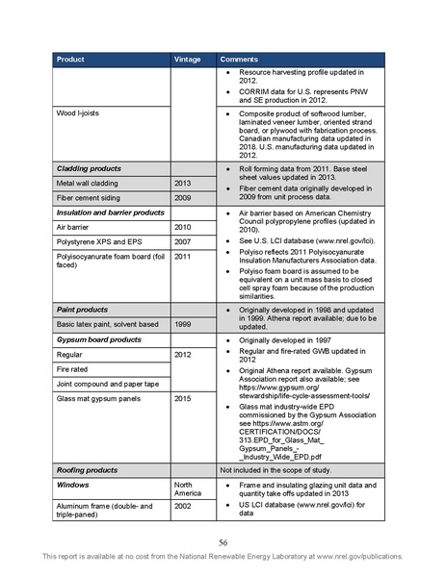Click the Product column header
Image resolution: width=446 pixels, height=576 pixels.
click(70, 60)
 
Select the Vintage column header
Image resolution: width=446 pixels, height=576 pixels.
click(187, 60)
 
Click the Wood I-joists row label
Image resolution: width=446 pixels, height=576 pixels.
click(80, 113)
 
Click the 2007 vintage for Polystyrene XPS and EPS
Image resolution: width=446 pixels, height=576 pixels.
click(183, 241)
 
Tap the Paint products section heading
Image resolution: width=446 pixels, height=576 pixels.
click(82, 310)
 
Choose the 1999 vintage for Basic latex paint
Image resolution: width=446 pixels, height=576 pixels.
click(183, 324)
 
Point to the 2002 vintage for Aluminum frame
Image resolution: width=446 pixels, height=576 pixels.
click(183, 505)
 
